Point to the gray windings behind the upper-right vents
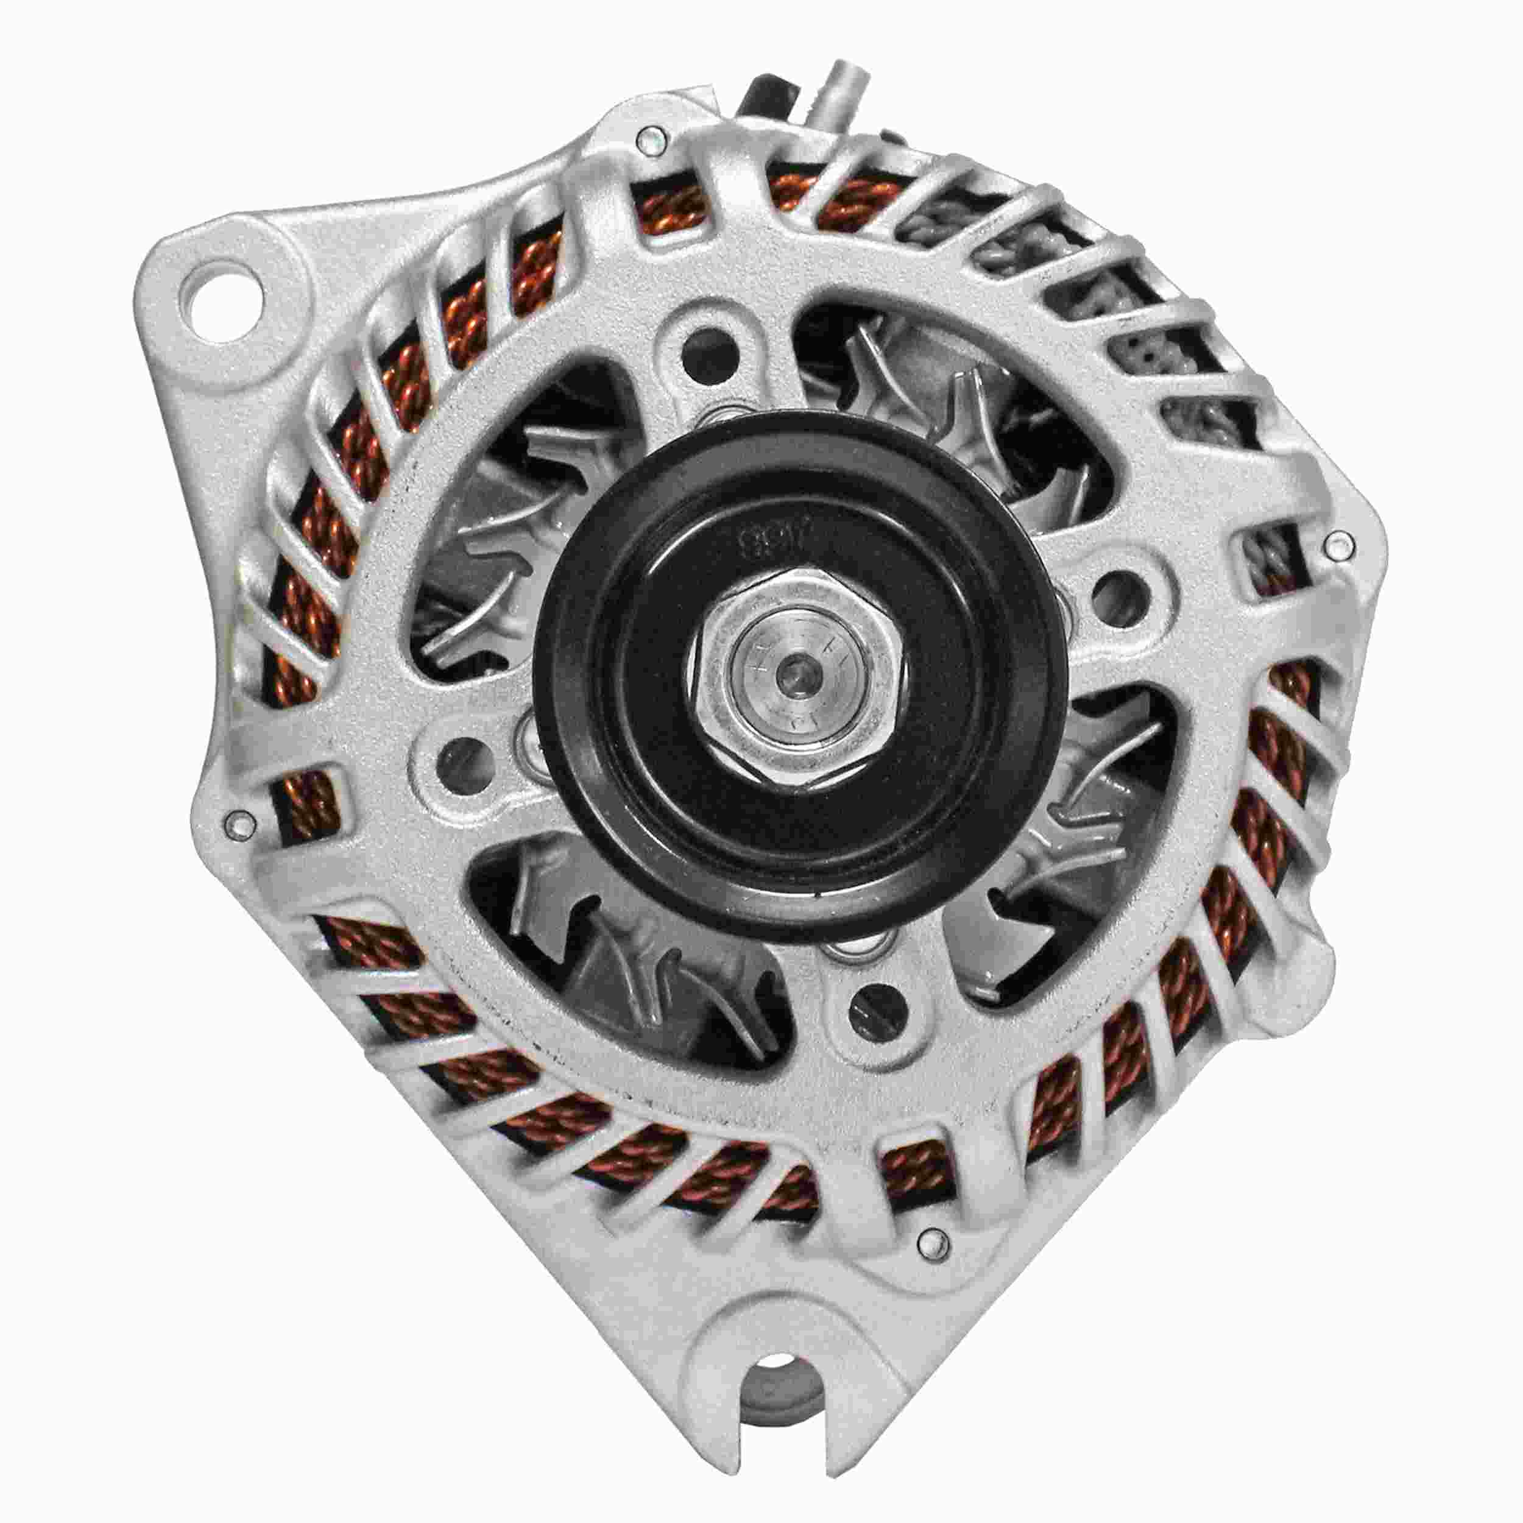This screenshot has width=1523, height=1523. tap(1119, 316)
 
